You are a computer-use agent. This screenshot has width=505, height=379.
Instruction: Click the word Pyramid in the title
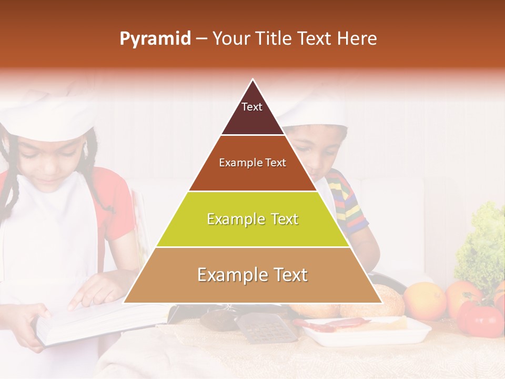155,39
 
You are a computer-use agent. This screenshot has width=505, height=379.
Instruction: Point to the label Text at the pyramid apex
252,107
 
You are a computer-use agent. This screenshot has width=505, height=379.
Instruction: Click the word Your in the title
231,39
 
